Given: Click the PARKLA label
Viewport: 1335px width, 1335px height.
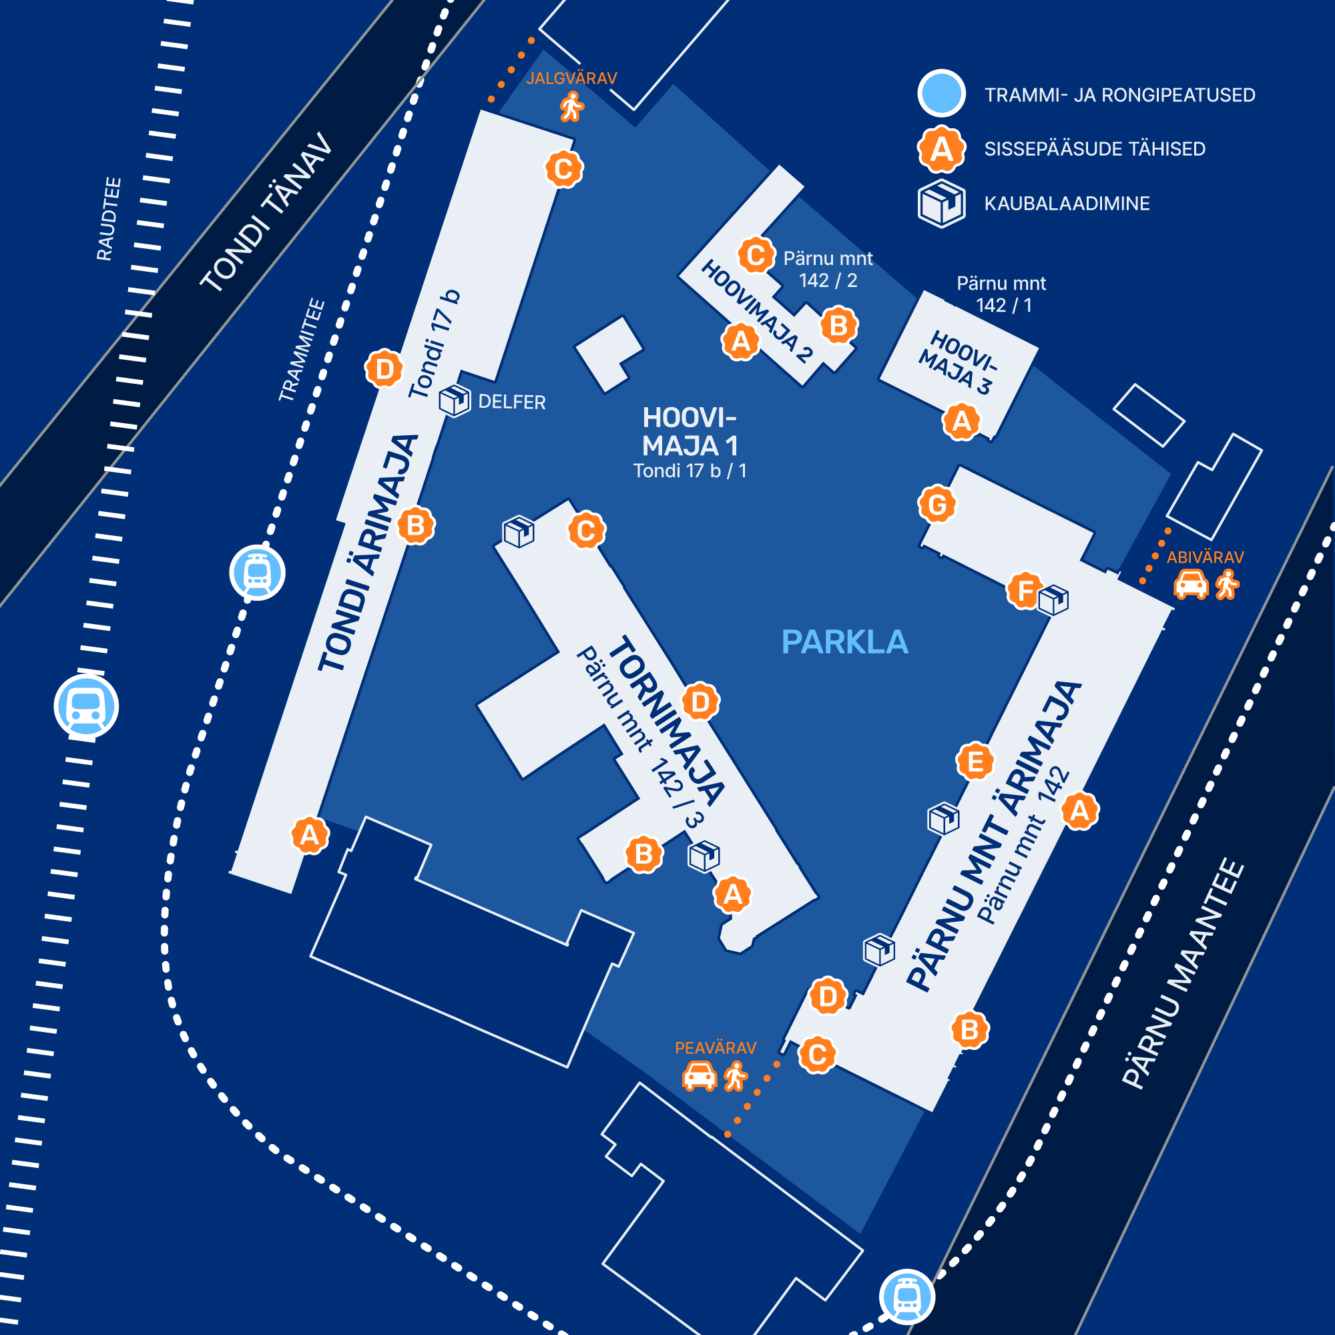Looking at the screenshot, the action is coord(844,642).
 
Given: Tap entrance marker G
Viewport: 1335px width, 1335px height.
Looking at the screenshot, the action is coord(937,505).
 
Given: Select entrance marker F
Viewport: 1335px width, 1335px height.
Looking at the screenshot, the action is coord(1025,591).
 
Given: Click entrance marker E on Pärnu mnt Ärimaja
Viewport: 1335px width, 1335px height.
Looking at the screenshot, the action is coord(975,762).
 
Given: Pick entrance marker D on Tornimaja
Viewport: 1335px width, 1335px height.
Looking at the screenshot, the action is coord(701,702).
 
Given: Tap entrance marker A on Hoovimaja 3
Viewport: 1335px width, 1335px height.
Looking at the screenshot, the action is coord(961,421).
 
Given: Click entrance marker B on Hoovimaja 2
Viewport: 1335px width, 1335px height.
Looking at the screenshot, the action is coord(839,326).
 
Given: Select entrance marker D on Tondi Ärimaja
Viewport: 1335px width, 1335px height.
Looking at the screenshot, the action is coord(384,369).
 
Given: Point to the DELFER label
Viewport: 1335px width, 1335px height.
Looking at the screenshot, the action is coord(512,402).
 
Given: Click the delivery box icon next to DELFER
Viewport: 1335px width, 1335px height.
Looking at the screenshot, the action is coord(455,400).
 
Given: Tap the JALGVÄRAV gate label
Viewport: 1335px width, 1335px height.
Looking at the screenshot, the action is coord(571,78).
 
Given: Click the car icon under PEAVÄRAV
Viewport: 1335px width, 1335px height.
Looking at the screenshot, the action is coord(700,1076).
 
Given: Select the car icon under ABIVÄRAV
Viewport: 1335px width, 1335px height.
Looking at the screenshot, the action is coord(1191,585).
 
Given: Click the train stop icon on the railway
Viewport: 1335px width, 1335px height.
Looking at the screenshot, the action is coord(86,707).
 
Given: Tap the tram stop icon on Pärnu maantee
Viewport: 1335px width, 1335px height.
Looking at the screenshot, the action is coord(906,1297).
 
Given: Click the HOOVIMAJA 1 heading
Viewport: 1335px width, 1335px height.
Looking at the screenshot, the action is coord(690,432).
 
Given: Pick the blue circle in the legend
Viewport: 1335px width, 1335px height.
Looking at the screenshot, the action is coord(941,93).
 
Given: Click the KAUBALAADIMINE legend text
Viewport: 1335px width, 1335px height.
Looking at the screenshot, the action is coord(1067,204).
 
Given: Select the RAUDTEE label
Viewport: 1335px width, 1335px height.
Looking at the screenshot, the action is coord(109,219).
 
